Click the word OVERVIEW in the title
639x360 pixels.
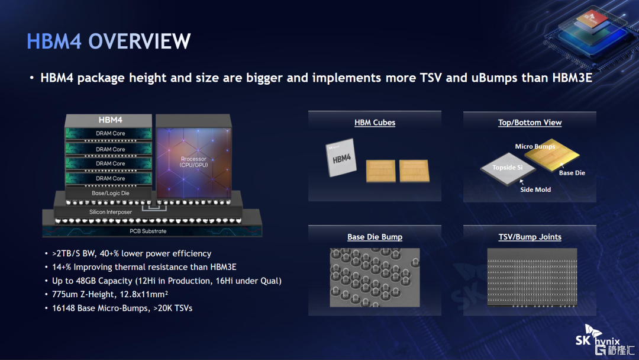(x=140, y=41)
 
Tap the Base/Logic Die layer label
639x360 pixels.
(x=111, y=193)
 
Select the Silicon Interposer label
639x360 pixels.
(x=111, y=212)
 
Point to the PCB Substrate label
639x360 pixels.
(x=148, y=231)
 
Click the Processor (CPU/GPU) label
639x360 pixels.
(x=193, y=162)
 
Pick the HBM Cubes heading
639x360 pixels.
(x=375, y=123)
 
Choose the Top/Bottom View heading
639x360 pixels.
(x=530, y=123)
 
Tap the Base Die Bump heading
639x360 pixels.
(x=375, y=237)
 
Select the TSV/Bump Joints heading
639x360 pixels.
(x=530, y=237)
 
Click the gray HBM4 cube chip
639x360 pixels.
(x=341, y=157)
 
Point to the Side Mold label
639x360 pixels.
(x=535, y=189)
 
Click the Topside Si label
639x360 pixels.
(x=508, y=168)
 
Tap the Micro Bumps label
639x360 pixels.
(x=535, y=146)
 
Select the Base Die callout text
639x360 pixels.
(x=572, y=173)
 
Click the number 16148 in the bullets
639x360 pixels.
(x=63, y=308)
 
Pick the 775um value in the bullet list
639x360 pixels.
(x=65, y=294)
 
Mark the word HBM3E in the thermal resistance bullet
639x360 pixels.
(x=223, y=267)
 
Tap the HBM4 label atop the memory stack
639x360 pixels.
(x=111, y=120)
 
